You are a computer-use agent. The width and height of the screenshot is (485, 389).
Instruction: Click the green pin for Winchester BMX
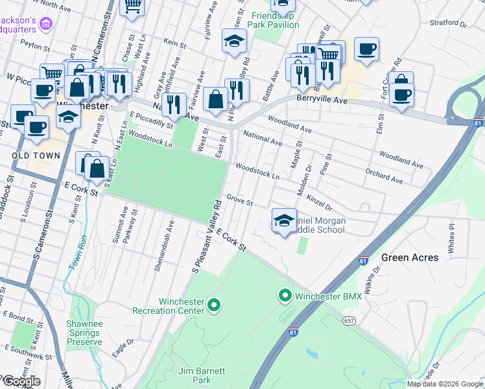(284, 296)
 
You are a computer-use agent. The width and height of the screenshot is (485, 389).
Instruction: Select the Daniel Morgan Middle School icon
(284, 220)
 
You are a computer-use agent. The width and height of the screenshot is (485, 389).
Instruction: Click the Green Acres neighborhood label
(409, 257)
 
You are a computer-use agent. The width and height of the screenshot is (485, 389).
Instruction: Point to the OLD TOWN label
(36, 156)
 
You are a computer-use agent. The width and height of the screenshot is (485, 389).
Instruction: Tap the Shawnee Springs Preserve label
(84, 333)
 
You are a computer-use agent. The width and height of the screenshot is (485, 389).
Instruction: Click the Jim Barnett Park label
(202, 376)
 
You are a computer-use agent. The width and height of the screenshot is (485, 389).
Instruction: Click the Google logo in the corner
(21, 381)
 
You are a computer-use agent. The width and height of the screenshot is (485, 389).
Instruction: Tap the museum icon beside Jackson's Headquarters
(45, 25)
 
